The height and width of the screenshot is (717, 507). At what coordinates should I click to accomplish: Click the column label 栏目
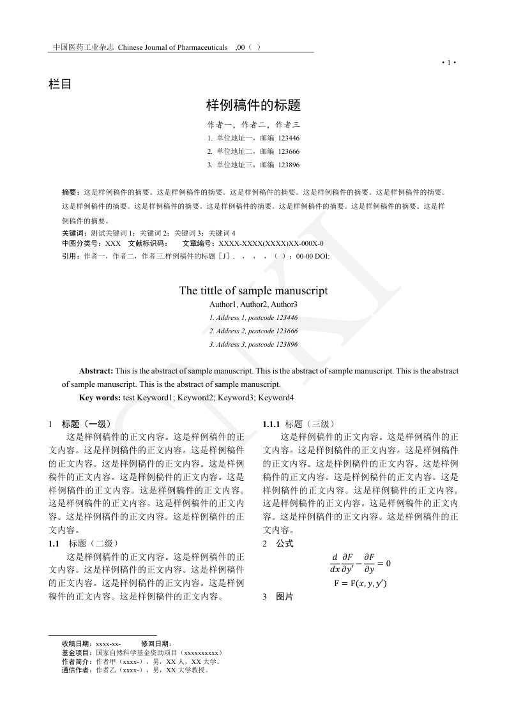[x=60, y=84]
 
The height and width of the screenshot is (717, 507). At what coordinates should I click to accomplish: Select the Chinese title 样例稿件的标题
[x=253, y=105]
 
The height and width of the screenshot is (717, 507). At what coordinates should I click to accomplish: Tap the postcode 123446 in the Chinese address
[x=289, y=138]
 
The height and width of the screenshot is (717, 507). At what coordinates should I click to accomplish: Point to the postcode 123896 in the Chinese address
[x=289, y=165]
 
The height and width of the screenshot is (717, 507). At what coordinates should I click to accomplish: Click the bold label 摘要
[x=70, y=192]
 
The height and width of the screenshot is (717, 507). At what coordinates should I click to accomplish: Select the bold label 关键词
[x=74, y=233]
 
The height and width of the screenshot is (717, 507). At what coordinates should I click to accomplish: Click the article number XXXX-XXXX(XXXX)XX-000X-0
[x=271, y=244]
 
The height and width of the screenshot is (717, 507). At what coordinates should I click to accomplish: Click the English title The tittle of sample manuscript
[x=253, y=291]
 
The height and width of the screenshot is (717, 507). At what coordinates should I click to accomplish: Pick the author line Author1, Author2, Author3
[x=253, y=305]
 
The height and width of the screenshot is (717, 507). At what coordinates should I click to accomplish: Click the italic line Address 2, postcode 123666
[x=253, y=331]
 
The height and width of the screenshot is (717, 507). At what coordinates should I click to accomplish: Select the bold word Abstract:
[x=96, y=371]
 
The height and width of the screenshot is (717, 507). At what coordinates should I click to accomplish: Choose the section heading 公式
[x=285, y=543]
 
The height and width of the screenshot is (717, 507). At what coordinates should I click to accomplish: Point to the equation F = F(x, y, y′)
[x=360, y=583]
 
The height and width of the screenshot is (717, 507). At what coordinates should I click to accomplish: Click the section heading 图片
[x=285, y=597]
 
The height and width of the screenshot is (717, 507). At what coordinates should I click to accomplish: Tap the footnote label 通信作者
[x=77, y=670]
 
